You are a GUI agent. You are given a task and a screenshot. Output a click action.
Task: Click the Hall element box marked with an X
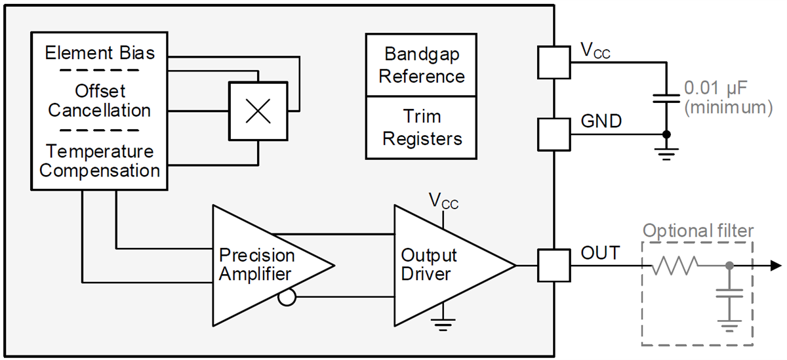257,111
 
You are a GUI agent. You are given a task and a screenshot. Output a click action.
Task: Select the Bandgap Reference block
421,65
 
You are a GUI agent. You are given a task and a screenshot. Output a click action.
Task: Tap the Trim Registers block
421,128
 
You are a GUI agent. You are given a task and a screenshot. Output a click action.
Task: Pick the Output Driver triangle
439,265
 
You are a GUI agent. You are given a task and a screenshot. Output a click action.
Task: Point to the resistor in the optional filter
675,266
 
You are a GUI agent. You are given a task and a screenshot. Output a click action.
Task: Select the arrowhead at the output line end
775,266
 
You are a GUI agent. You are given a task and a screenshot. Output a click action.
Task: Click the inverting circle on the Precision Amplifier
286,298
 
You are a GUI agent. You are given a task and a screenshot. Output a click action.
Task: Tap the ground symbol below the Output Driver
444,321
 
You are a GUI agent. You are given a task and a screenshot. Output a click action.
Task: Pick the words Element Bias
100,53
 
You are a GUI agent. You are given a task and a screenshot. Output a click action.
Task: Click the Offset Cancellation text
100,100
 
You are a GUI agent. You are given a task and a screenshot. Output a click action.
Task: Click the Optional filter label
698,231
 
